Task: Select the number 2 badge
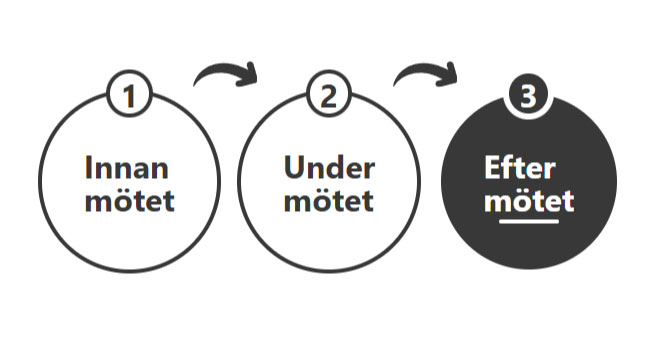pyautogui.click(x=328, y=98)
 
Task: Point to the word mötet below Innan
pyautogui.click(x=129, y=200)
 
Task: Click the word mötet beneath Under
pyautogui.click(x=328, y=200)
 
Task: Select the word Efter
pyautogui.click(x=519, y=167)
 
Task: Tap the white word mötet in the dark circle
pyautogui.click(x=529, y=200)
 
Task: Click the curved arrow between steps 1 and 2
pyautogui.click(x=226, y=74)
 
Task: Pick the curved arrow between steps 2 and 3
pyautogui.click(x=426, y=74)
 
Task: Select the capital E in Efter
pyautogui.click(x=491, y=167)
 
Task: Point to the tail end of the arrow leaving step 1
pyautogui.click(x=198, y=83)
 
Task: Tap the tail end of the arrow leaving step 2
pyautogui.click(x=398, y=83)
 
